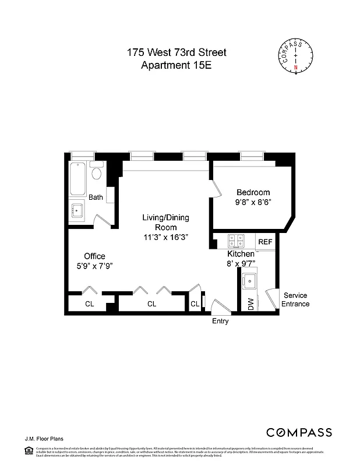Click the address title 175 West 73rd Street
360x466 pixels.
pyautogui.click(x=177, y=52)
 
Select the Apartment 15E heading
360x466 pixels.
pyautogui.click(x=177, y=65)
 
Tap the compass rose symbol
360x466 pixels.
pyautogui.click(x=295, y=55)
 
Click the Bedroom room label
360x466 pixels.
pyautogui.click(x=253, y=193)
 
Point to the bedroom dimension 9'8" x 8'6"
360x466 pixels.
pyautogui.click(x=253, y=203)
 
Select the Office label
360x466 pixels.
pyautogui.click(x=94, y=256)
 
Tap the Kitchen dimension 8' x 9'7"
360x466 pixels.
pyautogui.click(x=241, y=263)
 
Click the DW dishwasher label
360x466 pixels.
pyautogui.click(x=251, y=303)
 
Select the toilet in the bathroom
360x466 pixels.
pyautogui.click(x=97, y=173)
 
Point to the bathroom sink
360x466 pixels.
pyautogui.click(x=76, y=210)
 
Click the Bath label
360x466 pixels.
pyautogui.click(x=96, y=197)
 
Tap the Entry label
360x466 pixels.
pyautogui.click(x=220, y=321)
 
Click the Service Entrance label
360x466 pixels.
pyautogui.click(x=295, y=299)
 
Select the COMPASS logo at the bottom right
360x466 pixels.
pyautogui.click(x=299, y=432)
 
